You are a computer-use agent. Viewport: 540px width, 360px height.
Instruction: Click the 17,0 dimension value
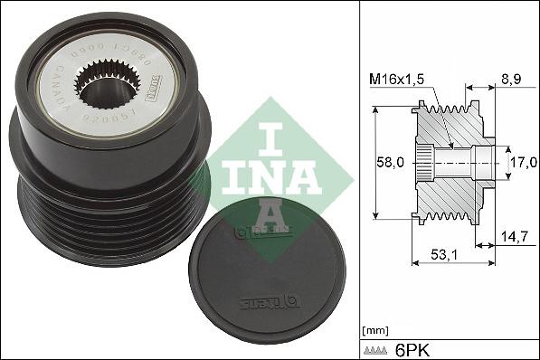pyautogui.click(x=523, y=163)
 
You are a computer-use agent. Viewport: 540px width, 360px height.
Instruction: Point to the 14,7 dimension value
pyautogui.click(x=513, y=236)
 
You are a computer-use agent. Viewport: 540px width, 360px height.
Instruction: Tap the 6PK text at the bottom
pyautogui.click(x=414, y=348)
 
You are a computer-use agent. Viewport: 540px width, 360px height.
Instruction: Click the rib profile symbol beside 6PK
pyautogui.click(x=378, y=349)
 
